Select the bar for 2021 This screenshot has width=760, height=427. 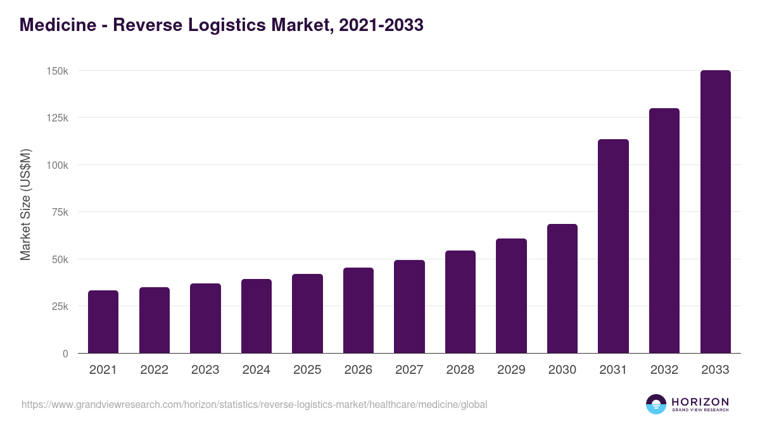(x=103, y=322)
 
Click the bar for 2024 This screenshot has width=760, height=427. (x=256, y=316)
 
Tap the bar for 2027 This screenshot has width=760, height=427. (x=409, y=307)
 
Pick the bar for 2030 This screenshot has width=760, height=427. (x=562, y=288)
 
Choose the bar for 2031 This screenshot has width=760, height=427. (x=613, y=246)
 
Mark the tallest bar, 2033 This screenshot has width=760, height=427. (x=715, y=212)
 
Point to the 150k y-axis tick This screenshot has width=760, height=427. (x=57, y=71)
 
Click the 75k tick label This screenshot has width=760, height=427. (x=60, y=212)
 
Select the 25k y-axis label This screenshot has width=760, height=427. (x=60, y=306)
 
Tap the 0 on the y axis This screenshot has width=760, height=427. (x=65, y=354)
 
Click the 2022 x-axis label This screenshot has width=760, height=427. (x=154, y=370)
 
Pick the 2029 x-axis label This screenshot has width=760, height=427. (x=511, y=370)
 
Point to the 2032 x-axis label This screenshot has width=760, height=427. (x=664, y=370)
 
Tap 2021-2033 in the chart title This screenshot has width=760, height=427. (x=381, y=25)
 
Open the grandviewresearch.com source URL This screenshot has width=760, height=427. (x=254, y=404)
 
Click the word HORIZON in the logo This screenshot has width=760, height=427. (x=699, y=401)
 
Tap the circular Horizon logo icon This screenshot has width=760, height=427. (x=656, y=404)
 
